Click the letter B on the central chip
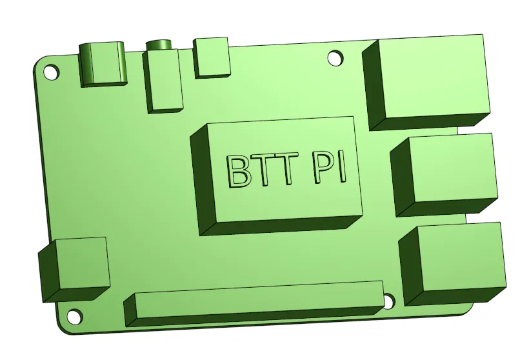coord(238,171)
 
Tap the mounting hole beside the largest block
coord(335,59)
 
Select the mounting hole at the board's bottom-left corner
coord(75,317)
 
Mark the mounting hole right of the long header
coord(388,301)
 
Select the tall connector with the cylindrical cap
coord(164,77)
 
